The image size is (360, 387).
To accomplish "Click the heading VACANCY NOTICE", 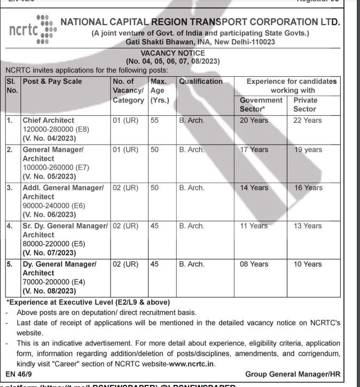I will (x=172, y=53).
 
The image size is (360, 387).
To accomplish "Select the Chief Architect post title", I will (x=48, y=121).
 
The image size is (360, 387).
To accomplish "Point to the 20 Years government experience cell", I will (x=254, y=121).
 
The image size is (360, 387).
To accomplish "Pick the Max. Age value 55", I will (x=155, y=121).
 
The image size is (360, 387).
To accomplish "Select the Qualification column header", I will (x=201, y=82).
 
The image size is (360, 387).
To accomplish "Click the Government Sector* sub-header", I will (x=261, y=105).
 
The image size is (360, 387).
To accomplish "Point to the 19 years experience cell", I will (x=308, y=150).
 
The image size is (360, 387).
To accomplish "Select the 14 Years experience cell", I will (x=254, y=188).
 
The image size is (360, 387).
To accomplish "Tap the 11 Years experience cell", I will (x=254, y=226).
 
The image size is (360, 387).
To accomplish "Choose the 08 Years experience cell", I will (x=254, y=264).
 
